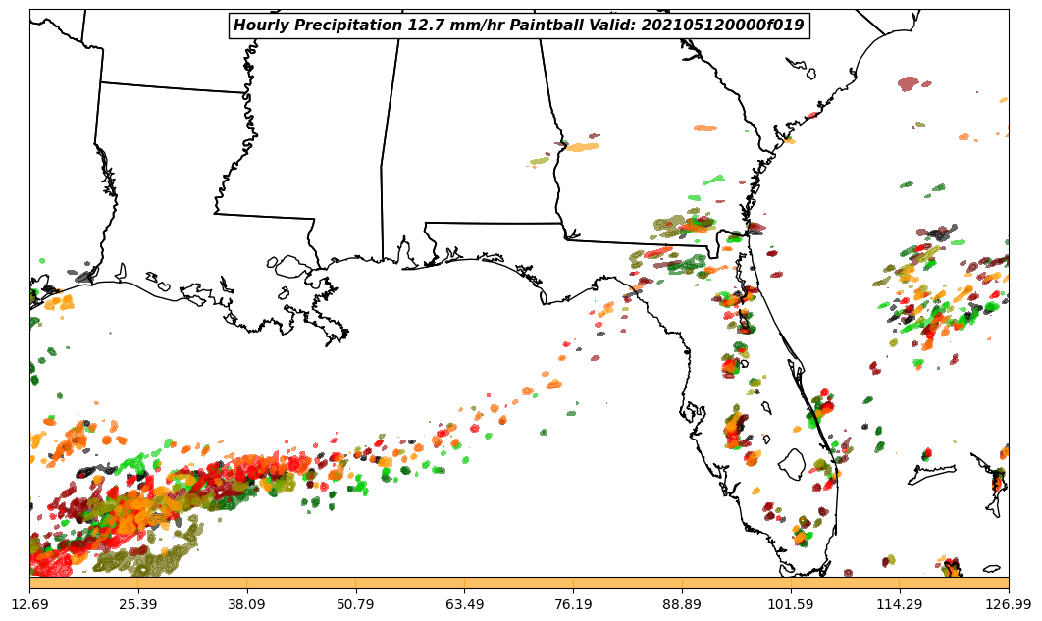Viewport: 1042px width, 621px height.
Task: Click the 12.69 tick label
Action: (30, 603)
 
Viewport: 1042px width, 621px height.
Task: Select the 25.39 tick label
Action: (138, 603)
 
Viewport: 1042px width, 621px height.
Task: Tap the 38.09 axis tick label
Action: (247, 603)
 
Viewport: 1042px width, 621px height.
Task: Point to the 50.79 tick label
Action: (356, 603)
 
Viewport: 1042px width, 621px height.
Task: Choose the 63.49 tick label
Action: (465, 603)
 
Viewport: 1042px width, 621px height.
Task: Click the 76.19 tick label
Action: (573, 603)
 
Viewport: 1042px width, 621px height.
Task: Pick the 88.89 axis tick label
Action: (682, 603)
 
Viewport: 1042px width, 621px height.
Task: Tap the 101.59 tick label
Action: (791, 603)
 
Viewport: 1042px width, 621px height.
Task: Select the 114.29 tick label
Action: (900, 603)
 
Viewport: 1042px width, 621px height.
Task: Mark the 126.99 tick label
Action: (1009, 603)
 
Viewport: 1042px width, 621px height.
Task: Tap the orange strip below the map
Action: (519, 583)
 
